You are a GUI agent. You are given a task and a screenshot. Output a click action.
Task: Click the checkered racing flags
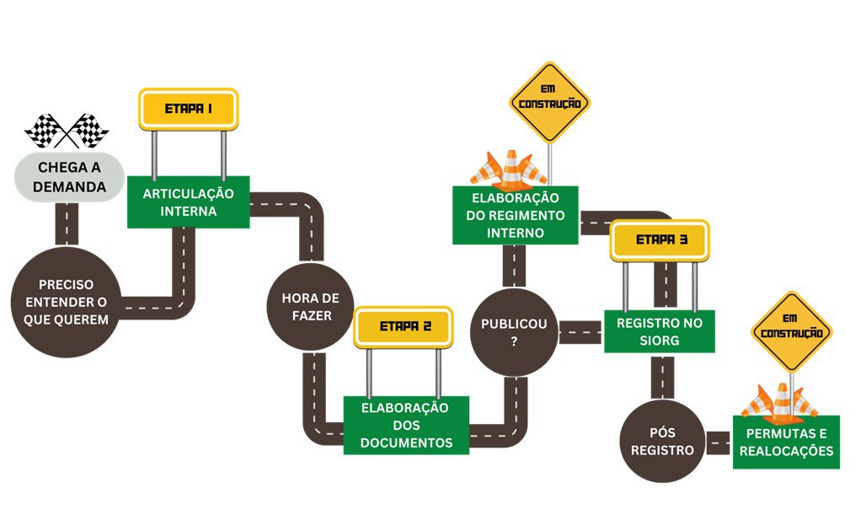67,131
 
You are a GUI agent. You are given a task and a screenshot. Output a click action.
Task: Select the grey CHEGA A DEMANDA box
70,177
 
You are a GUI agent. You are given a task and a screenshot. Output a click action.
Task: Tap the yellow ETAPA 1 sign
188,109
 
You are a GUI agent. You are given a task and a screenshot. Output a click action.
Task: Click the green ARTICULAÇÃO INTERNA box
188,202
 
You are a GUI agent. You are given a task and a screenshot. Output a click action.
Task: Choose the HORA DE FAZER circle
310,307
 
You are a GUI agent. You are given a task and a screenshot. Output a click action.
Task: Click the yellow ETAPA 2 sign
404,327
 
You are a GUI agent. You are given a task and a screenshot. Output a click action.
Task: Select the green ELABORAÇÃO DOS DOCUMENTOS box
406,426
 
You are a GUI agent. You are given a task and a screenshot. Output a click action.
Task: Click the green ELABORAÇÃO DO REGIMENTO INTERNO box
515,215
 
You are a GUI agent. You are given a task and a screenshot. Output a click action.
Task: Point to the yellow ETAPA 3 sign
660,239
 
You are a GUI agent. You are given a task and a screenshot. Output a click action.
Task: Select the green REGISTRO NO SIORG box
659,331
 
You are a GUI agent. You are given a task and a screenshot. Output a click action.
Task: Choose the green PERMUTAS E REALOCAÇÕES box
785,442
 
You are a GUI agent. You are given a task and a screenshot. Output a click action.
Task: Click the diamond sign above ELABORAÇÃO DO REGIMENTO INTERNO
549,102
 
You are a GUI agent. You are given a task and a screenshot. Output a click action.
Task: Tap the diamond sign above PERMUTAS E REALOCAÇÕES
790,331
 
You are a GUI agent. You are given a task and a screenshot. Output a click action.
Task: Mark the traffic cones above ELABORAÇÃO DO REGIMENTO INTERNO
508,169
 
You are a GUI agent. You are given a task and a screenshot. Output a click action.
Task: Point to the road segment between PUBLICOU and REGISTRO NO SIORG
580,332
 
